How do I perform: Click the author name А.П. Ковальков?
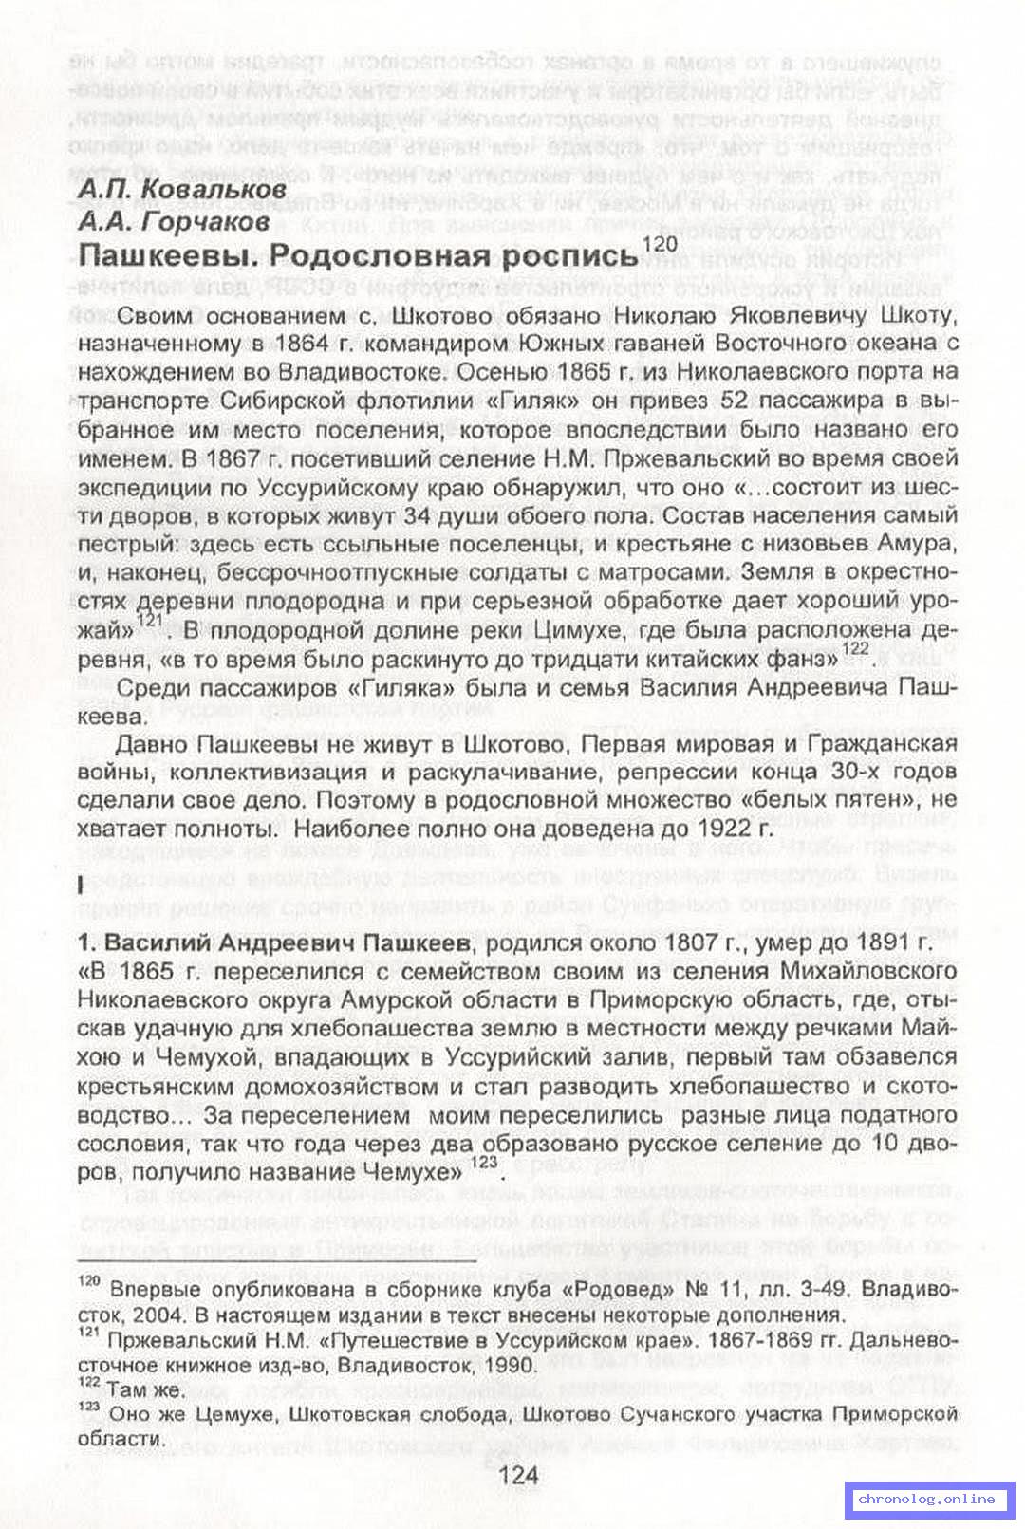coord(181,190)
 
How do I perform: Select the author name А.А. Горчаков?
coord(174,221)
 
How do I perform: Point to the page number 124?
coord(518,1474)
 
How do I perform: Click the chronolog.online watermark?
coord(925,1499)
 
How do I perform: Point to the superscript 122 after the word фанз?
coord(855,649)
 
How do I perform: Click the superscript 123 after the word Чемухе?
coord(483,1163)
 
